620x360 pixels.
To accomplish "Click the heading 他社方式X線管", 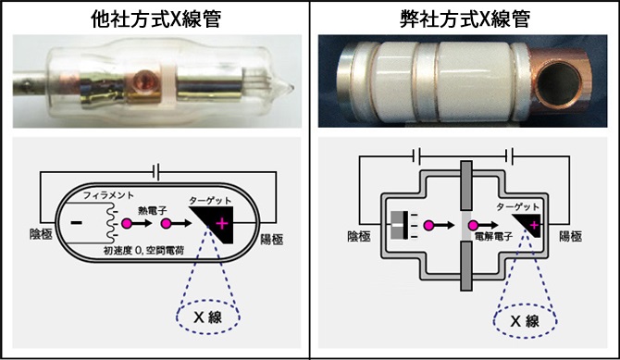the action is pyautogui.click(x=155, y=19).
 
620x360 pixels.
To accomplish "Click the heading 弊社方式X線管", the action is pyautogui.click(x=465, y=19).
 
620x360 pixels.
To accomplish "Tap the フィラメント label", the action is pyautogui.click(x=108, y=195).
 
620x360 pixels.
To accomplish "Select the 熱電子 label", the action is pyautogui.click(x=153, y=210).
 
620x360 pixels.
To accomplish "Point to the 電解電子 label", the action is pyautogui.click(x=493, y=237).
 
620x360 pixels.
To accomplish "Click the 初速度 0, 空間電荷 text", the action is pyautogui.click(x=143, y=250).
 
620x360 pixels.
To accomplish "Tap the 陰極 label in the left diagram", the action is pyautogui.click(x=41, y=234).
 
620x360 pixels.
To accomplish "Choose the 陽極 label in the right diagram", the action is pyautogui.click(x=570, y=236).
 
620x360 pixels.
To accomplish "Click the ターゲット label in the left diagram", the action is pyautogui.click(x=210, y=200).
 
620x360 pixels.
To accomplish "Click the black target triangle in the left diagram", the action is pyautogui.click(x=217, y=222).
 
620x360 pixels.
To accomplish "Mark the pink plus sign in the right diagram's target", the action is pyautogui.click(x=534, y=225).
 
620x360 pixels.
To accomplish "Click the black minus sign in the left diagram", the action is pyautogui.click(x=76, y=223).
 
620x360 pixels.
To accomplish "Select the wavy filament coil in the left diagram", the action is pyautogui.click(x=110, y=224).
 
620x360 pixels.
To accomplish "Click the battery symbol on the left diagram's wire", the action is pyautogui.click(x=156, y=172).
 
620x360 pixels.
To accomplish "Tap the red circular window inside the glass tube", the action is pyautogui.click(x=144, y=79).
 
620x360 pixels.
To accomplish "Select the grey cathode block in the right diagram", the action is pyautogui.click(x=400, y=226).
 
